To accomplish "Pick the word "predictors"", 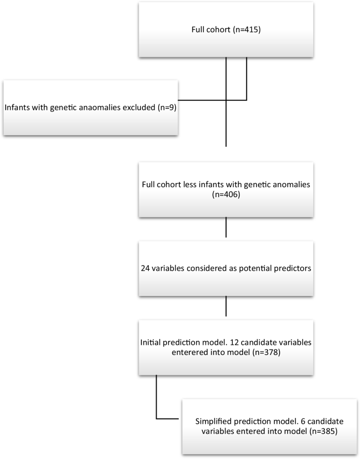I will click(290, 268).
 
